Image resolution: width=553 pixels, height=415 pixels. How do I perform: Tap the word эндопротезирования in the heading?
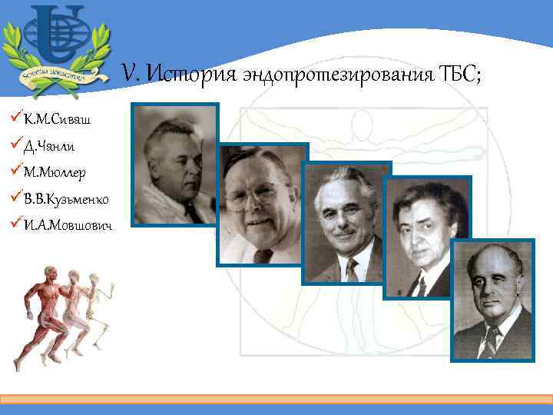pos(338,75)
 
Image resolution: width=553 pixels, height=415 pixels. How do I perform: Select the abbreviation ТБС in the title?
pos(459,75)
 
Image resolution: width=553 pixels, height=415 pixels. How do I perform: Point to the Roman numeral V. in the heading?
pos(131,75)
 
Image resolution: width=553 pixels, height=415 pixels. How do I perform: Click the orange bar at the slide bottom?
pos(276,399)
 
